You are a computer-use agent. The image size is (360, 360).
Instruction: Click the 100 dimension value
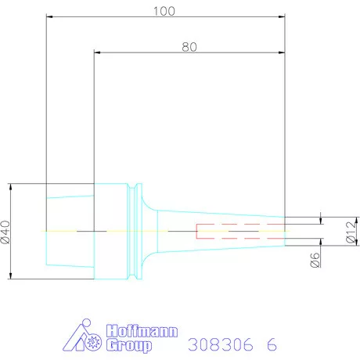(164, 11)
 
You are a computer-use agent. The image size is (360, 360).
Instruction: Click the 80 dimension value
(189, 47)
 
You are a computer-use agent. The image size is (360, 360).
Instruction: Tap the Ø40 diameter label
(5, 232)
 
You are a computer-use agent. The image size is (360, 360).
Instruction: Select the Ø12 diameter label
(351, 232)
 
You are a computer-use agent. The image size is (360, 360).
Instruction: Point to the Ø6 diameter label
(315, 260)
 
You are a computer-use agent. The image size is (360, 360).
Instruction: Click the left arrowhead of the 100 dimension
(49, 16)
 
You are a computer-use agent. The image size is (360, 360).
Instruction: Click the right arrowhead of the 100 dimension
(282, 16)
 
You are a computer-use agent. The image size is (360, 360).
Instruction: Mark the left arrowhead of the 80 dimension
(97, 52)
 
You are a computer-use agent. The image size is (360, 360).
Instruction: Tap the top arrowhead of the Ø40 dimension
(11, 187)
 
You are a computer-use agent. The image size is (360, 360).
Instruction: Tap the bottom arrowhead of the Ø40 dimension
(11, 275)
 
